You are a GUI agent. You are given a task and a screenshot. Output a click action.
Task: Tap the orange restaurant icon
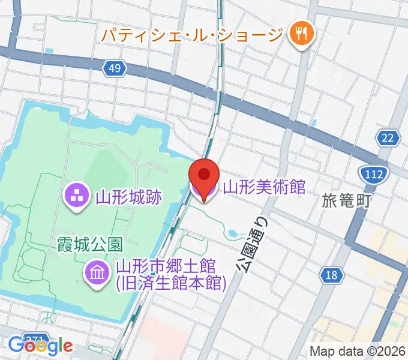(x=298, y=34)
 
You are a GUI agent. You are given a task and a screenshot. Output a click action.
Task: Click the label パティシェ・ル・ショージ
(x=191, y=34)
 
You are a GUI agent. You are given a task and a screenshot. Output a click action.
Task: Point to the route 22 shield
(x=389, y=138)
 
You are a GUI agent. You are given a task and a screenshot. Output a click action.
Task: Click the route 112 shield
(x=373, y=175)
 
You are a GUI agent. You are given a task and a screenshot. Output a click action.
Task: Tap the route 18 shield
(x=332, y=275)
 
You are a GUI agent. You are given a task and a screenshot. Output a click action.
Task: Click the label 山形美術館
(x=264, y=187)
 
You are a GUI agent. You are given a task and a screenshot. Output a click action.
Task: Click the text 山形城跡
(x=128, y=196)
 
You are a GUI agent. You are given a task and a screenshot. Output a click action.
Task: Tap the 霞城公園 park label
(x=90, y=244)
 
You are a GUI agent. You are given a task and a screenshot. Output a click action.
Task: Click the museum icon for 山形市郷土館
(x=97, y=273)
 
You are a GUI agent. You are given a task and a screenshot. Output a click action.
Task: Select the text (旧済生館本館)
(x=170, y=282)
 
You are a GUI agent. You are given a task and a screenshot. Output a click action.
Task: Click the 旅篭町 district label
(x=347, y=200)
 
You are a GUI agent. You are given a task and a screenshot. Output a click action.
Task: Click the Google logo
(x=41, y=346)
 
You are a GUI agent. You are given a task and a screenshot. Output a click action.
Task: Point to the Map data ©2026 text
(x=358, y=351)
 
